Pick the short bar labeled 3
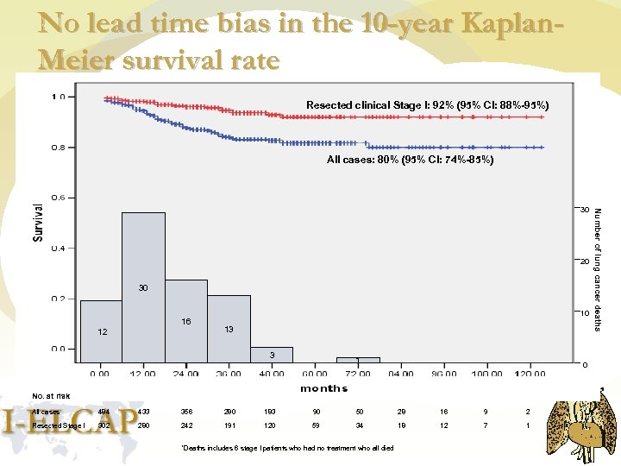(272, 355)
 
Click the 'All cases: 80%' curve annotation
(410, 160)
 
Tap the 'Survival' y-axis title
(39, 223)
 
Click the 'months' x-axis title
(323, 388)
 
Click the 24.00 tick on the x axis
(185, 374)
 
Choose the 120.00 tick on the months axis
(530, 374)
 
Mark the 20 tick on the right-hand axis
(584, 261)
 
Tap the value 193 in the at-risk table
(273, 412)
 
